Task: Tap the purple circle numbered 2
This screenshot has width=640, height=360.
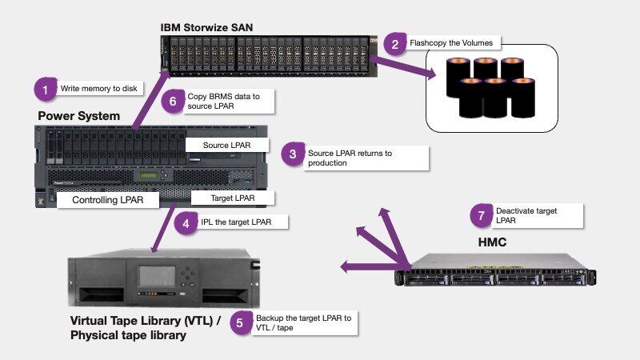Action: (x=394, y=43)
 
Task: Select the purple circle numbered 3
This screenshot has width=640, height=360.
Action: (x=294, y=155)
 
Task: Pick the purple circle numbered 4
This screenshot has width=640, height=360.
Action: (x=186, y=223)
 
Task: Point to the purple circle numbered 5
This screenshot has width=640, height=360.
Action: (x=242, y=323)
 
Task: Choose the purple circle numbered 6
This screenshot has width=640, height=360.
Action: (x=174, y=102)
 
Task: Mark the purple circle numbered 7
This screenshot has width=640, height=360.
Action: (x=481, y=216)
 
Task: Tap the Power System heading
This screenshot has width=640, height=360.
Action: (x=79, y=116)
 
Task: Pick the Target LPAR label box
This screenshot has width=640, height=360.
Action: (x=233, y=198)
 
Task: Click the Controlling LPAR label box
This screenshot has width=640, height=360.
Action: (x=109, y=200)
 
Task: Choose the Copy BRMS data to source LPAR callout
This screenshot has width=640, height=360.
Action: (x=230, y=102)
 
